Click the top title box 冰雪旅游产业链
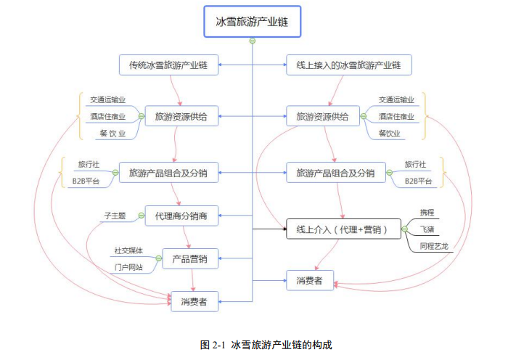click(x=252, y=21)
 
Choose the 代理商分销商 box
click(x=181, y=216)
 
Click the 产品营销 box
click(x=190, y=258)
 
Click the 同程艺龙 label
click(x=434, y=247)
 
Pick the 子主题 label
click(x=114, y=216)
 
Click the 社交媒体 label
click(x=128, y=250)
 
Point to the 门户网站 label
click(x=128, y=267)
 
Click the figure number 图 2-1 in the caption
click(x=214, y=344)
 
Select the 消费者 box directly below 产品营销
click(x=194, y=302)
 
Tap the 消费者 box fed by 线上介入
click(x=309, y=279)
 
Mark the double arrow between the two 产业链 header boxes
click(x=253, y=65)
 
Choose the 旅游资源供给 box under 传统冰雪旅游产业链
click(x=181, y=116)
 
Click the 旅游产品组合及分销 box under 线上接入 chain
click(x=335, y=173)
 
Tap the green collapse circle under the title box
click(x=252, y=41)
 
